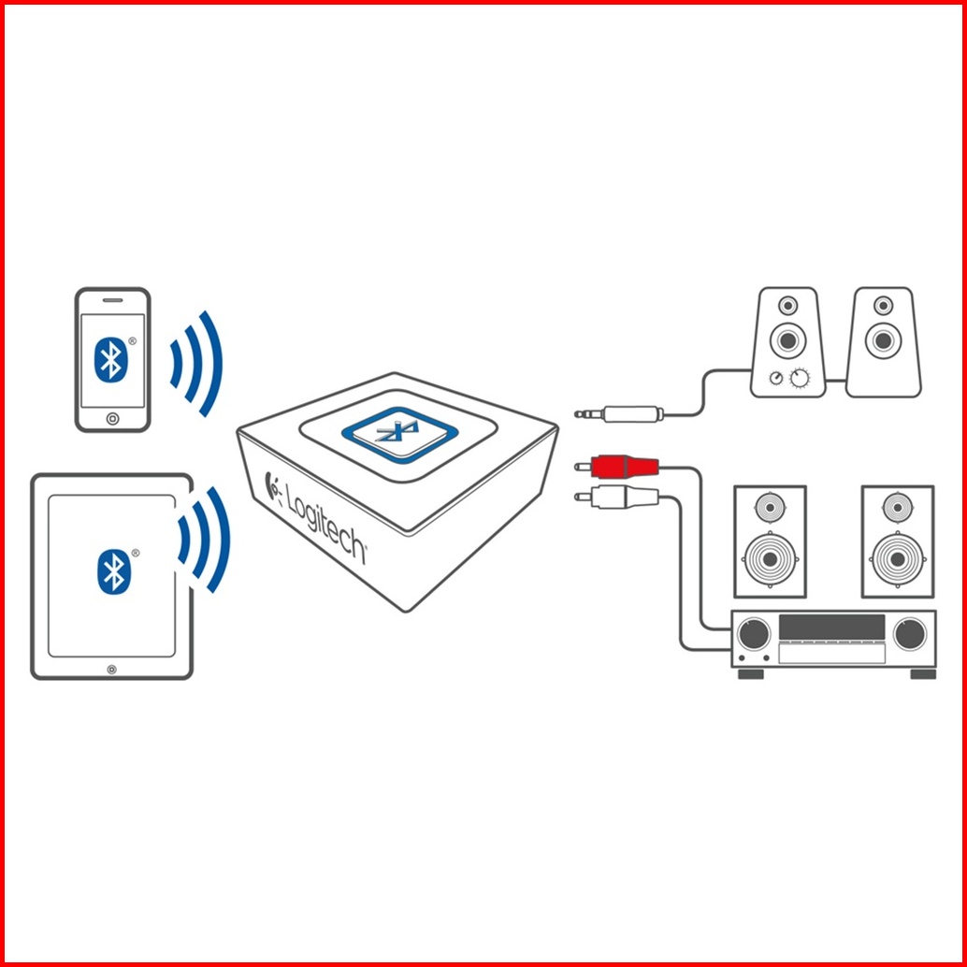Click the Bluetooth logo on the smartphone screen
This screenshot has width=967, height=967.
click(x=111, y=359)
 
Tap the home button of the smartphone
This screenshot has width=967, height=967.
click(x=112, y=419)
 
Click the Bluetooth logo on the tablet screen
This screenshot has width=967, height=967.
click(x=114, y=571)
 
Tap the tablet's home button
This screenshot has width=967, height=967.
click(x=111, y=670)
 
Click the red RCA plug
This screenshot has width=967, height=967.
click(x=616, y=467)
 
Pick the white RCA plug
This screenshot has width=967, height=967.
click(x=616, y=496)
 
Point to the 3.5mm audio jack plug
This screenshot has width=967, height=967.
click(x=619, y=413)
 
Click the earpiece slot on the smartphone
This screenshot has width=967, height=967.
click(x=112, y=300)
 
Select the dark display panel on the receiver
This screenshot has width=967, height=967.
click(x=831, y=628)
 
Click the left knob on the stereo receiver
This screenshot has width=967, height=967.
click(x=754, y=633)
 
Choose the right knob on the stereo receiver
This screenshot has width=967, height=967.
click(x=910, y=633)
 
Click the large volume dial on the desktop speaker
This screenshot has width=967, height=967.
click(x=800, y=378)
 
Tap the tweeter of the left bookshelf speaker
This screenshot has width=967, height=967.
click(x=771, y=508)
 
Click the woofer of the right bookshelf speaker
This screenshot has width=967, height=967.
click(x=898, y=559)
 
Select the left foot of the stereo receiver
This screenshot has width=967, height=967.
click(x=751, y=673)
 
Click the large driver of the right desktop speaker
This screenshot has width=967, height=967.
click(x=883, y=340)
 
